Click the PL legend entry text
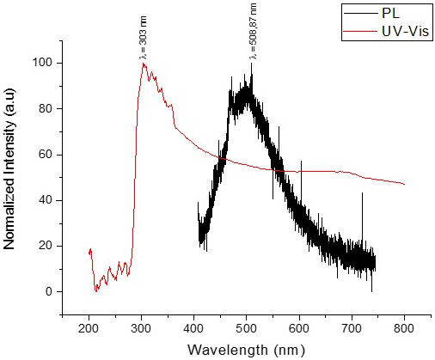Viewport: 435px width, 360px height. pyautogui.click(x=390, y=13)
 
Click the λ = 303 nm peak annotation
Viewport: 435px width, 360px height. pyautogui.click(x=144, y=36)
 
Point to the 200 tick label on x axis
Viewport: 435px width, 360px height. pyautogui.click(x=89, y=330)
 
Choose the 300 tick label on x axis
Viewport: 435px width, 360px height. pyautogui.click(x=142, y=330)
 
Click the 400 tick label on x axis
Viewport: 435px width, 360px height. pyautogui.click(x=194, y=330)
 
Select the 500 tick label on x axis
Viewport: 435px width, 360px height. pyautogui.click(x=247, y=330)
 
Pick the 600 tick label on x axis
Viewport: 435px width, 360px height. pyautogui.click(x=299, y=330)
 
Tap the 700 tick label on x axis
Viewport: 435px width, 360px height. pyautogui.click(x=352, y=330)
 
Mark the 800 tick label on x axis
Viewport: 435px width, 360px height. pyautogui.click(x=404, y=330)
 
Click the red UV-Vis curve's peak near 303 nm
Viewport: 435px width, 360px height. pyautogui.click(x=144, y=64)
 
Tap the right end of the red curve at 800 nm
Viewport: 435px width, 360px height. pyautogui.click(x=404, y=184)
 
